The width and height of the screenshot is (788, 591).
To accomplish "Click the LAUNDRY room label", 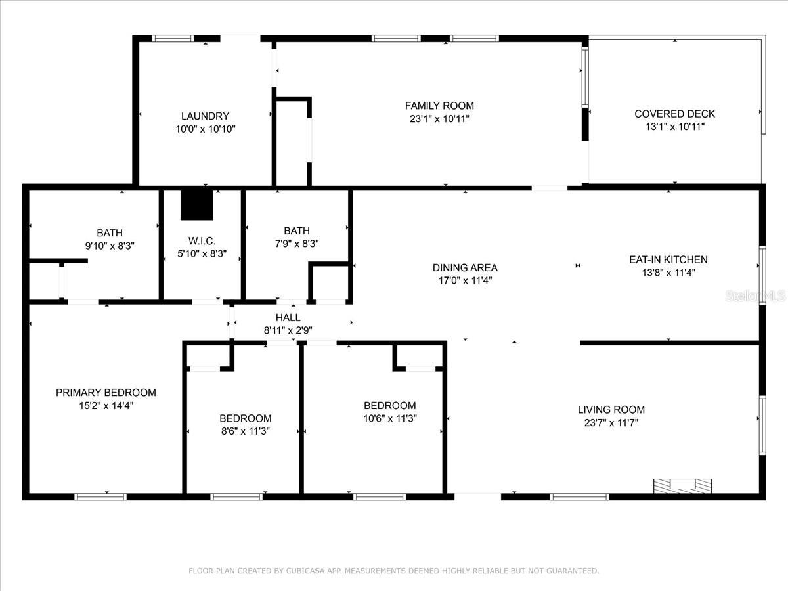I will [x=206, y=116].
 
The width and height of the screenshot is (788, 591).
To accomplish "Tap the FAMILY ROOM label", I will [x=439, y=106].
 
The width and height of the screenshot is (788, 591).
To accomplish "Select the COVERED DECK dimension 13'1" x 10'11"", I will [x=674, y=127].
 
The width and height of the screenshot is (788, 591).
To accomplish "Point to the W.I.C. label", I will [x=202, y=241].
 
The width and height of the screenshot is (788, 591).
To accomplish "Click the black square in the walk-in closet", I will [x=197, y=204].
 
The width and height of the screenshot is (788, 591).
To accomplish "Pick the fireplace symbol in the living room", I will [x=682, y=486].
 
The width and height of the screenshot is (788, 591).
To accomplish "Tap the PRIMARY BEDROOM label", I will [x=106, y=393].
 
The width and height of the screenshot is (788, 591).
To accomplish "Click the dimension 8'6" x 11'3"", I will [x=245, y=431].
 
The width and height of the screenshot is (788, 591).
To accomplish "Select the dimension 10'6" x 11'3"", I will [x=390, y=418].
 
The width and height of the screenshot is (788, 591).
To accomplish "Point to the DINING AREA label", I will [x=465, y=267].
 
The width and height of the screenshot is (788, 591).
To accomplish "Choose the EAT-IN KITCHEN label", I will [x=668, y=259].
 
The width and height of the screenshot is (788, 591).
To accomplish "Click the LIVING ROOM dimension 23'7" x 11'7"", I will [x=611, y=423].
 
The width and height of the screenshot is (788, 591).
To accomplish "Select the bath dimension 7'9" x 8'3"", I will [x=297, y=243].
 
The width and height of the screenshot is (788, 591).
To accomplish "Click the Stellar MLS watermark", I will [x=755, y=296].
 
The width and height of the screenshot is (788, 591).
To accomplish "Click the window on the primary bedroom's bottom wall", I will [x=100, y=496].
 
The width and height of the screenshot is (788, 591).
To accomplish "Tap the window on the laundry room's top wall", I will [x=173, y=39].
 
